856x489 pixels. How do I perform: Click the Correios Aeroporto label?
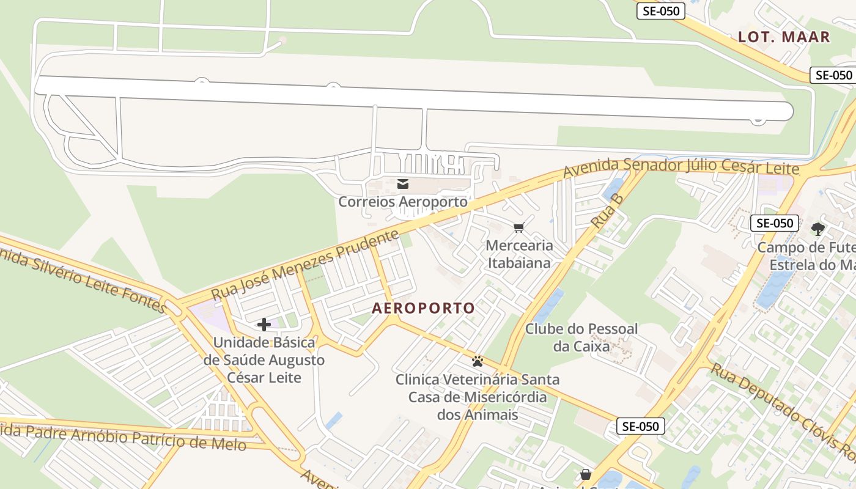[403, 201]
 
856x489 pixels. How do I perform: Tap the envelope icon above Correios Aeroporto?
[403, 184]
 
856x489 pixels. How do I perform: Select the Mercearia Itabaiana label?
[519, 254]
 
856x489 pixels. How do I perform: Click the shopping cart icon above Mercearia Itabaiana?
[519, 228]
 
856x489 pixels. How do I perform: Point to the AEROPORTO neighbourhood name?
[423, 308]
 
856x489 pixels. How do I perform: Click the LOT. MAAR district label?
[784, 37]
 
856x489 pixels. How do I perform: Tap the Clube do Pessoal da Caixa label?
[581, 337]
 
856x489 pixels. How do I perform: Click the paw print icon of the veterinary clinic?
[478, 361]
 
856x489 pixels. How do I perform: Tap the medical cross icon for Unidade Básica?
[264, 325]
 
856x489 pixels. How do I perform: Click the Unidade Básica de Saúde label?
[264, 359]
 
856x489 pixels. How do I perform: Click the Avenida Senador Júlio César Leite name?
[681, 167]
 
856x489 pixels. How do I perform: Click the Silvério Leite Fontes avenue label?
[83, 278]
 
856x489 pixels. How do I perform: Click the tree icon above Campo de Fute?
[818, 230]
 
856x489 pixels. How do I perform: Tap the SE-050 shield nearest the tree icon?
[775, 223]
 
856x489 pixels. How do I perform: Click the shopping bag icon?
[586, 474]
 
